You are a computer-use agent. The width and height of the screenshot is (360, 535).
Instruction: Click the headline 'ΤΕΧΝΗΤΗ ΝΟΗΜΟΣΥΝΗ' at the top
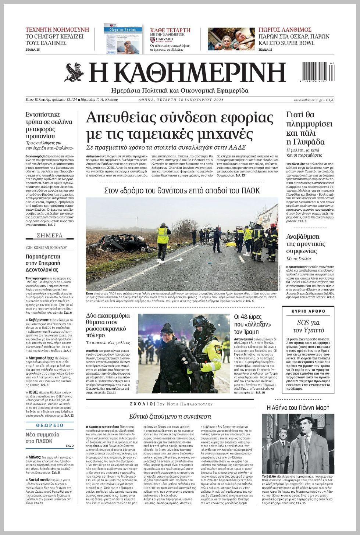57,30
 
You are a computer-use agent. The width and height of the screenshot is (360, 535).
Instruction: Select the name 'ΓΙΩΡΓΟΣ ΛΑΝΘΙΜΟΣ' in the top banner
285,30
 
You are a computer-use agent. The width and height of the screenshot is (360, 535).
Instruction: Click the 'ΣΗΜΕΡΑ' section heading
50,235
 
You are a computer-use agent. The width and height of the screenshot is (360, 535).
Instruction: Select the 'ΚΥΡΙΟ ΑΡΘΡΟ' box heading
308,311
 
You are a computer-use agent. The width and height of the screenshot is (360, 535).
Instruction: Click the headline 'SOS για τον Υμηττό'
308,326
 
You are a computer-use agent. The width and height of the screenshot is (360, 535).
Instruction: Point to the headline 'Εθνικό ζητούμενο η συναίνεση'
170,416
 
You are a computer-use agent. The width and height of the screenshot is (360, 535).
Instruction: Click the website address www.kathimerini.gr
308,100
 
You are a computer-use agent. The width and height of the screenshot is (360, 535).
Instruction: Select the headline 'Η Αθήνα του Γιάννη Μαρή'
298,407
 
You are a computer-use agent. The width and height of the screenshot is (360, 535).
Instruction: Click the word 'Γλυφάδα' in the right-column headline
306,142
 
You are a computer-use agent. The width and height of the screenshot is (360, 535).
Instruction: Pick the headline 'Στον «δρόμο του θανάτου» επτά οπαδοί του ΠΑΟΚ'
182,190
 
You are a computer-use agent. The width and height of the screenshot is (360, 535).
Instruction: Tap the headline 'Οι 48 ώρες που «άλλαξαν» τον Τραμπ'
253,324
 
